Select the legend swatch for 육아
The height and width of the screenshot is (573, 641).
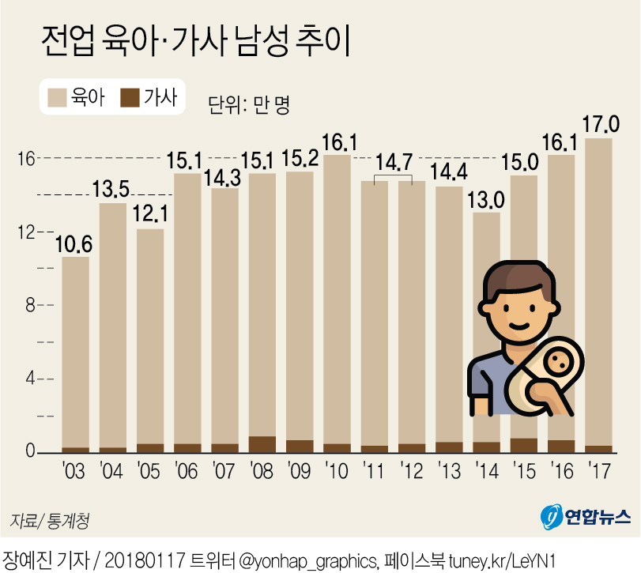tap(58, 98)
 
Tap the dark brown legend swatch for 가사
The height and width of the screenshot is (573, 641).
tap(130, 98)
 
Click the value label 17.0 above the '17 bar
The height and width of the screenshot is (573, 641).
tap(600, 124)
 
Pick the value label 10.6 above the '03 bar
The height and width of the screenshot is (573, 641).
tap(75, 243)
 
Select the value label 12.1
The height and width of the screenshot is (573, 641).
tap(150, 215)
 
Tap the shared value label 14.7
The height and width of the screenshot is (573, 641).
tap(393, 163)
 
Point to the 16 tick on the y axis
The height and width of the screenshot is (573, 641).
tap(27, 159)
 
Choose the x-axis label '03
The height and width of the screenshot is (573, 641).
tap(74, 472)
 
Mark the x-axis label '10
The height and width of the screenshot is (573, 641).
tap(337, 472)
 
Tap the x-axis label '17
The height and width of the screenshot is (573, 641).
tap(599, 472)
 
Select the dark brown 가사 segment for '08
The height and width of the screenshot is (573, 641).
tap(262, 445)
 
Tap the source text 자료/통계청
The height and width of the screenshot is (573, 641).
tap(48, 521)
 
